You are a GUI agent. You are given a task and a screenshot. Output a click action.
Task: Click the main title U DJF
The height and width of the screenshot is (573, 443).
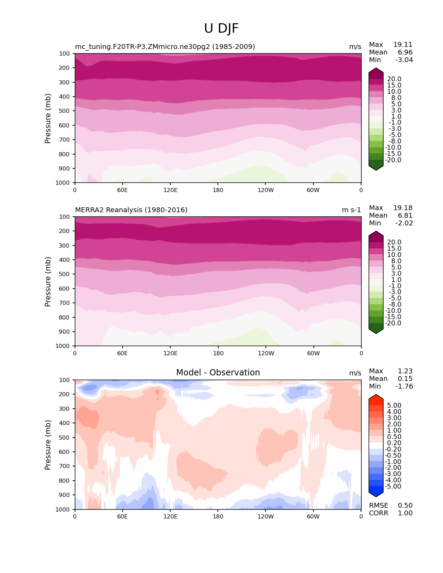point(221,28)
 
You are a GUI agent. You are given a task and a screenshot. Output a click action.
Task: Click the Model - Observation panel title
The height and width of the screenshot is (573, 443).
point(218,373)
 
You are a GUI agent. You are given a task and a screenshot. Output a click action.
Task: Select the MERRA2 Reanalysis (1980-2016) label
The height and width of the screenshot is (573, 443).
point(131,210)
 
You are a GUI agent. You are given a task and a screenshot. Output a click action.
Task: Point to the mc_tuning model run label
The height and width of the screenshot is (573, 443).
point(165,47)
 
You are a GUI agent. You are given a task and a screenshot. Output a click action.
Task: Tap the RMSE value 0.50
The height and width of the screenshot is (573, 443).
point(405,505)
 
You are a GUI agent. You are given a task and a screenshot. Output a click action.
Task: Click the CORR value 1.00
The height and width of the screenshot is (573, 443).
point(405,513)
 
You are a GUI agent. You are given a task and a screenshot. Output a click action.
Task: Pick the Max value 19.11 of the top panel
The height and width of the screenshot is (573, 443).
point(403,44)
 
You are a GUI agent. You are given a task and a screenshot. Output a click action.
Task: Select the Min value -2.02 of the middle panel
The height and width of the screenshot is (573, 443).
point(404,223)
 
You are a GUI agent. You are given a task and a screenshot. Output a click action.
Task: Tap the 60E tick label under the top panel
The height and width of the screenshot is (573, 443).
point(122,190)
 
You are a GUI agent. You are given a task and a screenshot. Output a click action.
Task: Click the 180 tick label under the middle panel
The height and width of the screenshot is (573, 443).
point(218,353)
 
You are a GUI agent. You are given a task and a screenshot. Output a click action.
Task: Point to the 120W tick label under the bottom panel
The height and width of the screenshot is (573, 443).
point(265,516)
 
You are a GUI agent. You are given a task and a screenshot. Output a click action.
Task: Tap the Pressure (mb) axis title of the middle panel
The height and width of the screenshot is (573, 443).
point(48,281)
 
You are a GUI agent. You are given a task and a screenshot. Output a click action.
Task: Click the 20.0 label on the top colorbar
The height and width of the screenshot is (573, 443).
point(394,79)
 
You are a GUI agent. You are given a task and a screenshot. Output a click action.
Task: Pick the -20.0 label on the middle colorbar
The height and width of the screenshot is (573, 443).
point(393,323)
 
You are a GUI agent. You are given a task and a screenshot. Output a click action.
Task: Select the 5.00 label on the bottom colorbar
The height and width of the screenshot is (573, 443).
point(394,406)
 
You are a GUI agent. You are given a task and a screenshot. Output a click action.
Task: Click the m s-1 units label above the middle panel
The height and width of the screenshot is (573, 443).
point(351,210)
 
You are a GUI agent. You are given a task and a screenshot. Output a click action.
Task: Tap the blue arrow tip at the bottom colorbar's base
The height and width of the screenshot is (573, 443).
point(376,495)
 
